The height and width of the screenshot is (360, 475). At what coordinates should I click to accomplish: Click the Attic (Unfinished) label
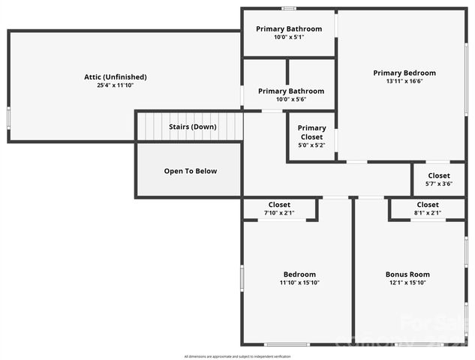coord(115,76)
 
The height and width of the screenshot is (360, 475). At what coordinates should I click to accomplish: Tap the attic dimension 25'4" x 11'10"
coord(115,85)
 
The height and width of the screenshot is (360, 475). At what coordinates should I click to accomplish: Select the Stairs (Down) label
coord(192,127)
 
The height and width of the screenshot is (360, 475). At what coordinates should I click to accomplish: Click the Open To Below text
coord(191,171)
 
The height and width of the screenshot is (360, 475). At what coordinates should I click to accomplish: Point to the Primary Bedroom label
coord(404,73)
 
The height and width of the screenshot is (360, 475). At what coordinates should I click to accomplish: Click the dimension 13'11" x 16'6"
coord(404,82)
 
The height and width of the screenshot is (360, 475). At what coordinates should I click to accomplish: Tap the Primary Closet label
coord(311,133)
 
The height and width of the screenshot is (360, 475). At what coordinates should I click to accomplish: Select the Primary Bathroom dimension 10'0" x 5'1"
coord(289,37)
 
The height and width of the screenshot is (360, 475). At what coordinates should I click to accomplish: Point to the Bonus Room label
coord(407,274)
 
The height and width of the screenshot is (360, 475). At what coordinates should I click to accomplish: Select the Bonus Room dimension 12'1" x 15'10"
coord(407,283)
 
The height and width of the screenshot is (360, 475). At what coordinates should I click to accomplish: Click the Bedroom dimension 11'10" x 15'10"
coord(299,283)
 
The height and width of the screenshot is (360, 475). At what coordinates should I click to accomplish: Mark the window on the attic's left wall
coord(8,118)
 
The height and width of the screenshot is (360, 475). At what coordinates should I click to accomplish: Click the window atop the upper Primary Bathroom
coord(288,8)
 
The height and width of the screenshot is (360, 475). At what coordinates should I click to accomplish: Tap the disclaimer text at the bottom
coord(237,356)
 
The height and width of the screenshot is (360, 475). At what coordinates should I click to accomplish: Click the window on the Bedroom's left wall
coord(242,277)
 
